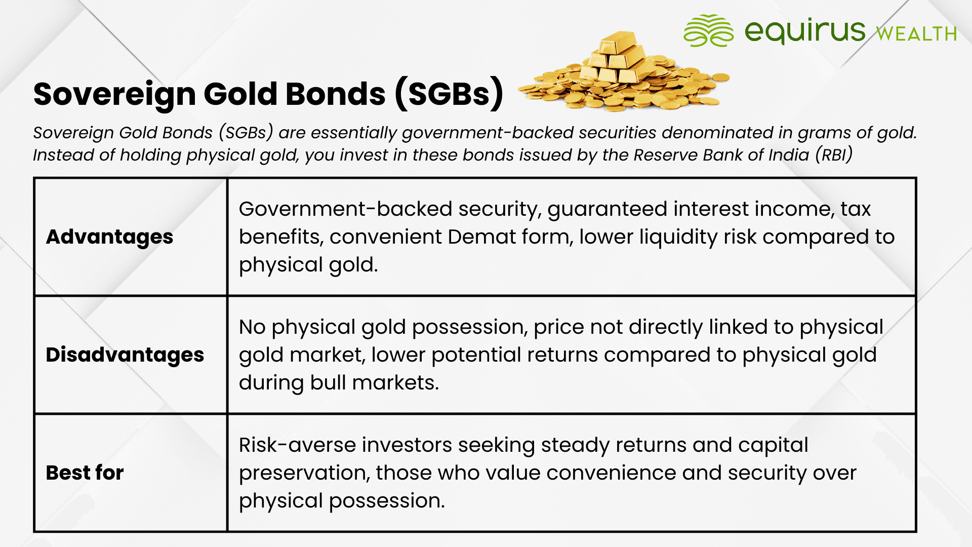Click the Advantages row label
(109, 237)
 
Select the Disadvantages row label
(125, 355)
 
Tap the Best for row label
(85, 473)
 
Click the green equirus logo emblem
(708, 30)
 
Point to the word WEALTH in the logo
(916, 33)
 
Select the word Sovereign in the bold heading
(114, 94)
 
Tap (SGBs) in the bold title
(449, 93)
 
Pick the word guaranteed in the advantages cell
(607, 209)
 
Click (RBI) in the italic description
(834, 154)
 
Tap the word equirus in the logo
(805, 30)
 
